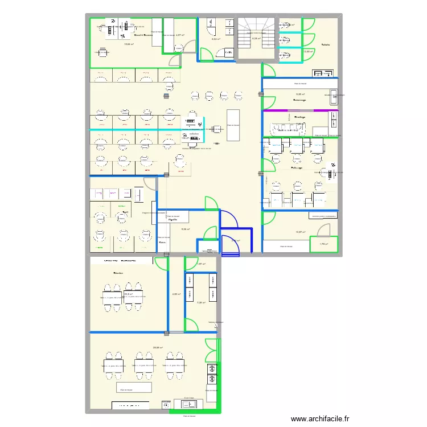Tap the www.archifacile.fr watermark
[319, 418]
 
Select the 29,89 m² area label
[158, 348]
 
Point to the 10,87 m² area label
[301, 232]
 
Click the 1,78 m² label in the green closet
[323, 244]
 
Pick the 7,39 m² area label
[200, 303]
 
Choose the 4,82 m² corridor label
[176, 294]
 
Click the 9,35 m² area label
[300, 95]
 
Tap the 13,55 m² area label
[308, 52]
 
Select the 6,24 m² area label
[216, 39]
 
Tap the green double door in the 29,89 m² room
[211, 350]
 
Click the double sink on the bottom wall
[188, 404]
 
